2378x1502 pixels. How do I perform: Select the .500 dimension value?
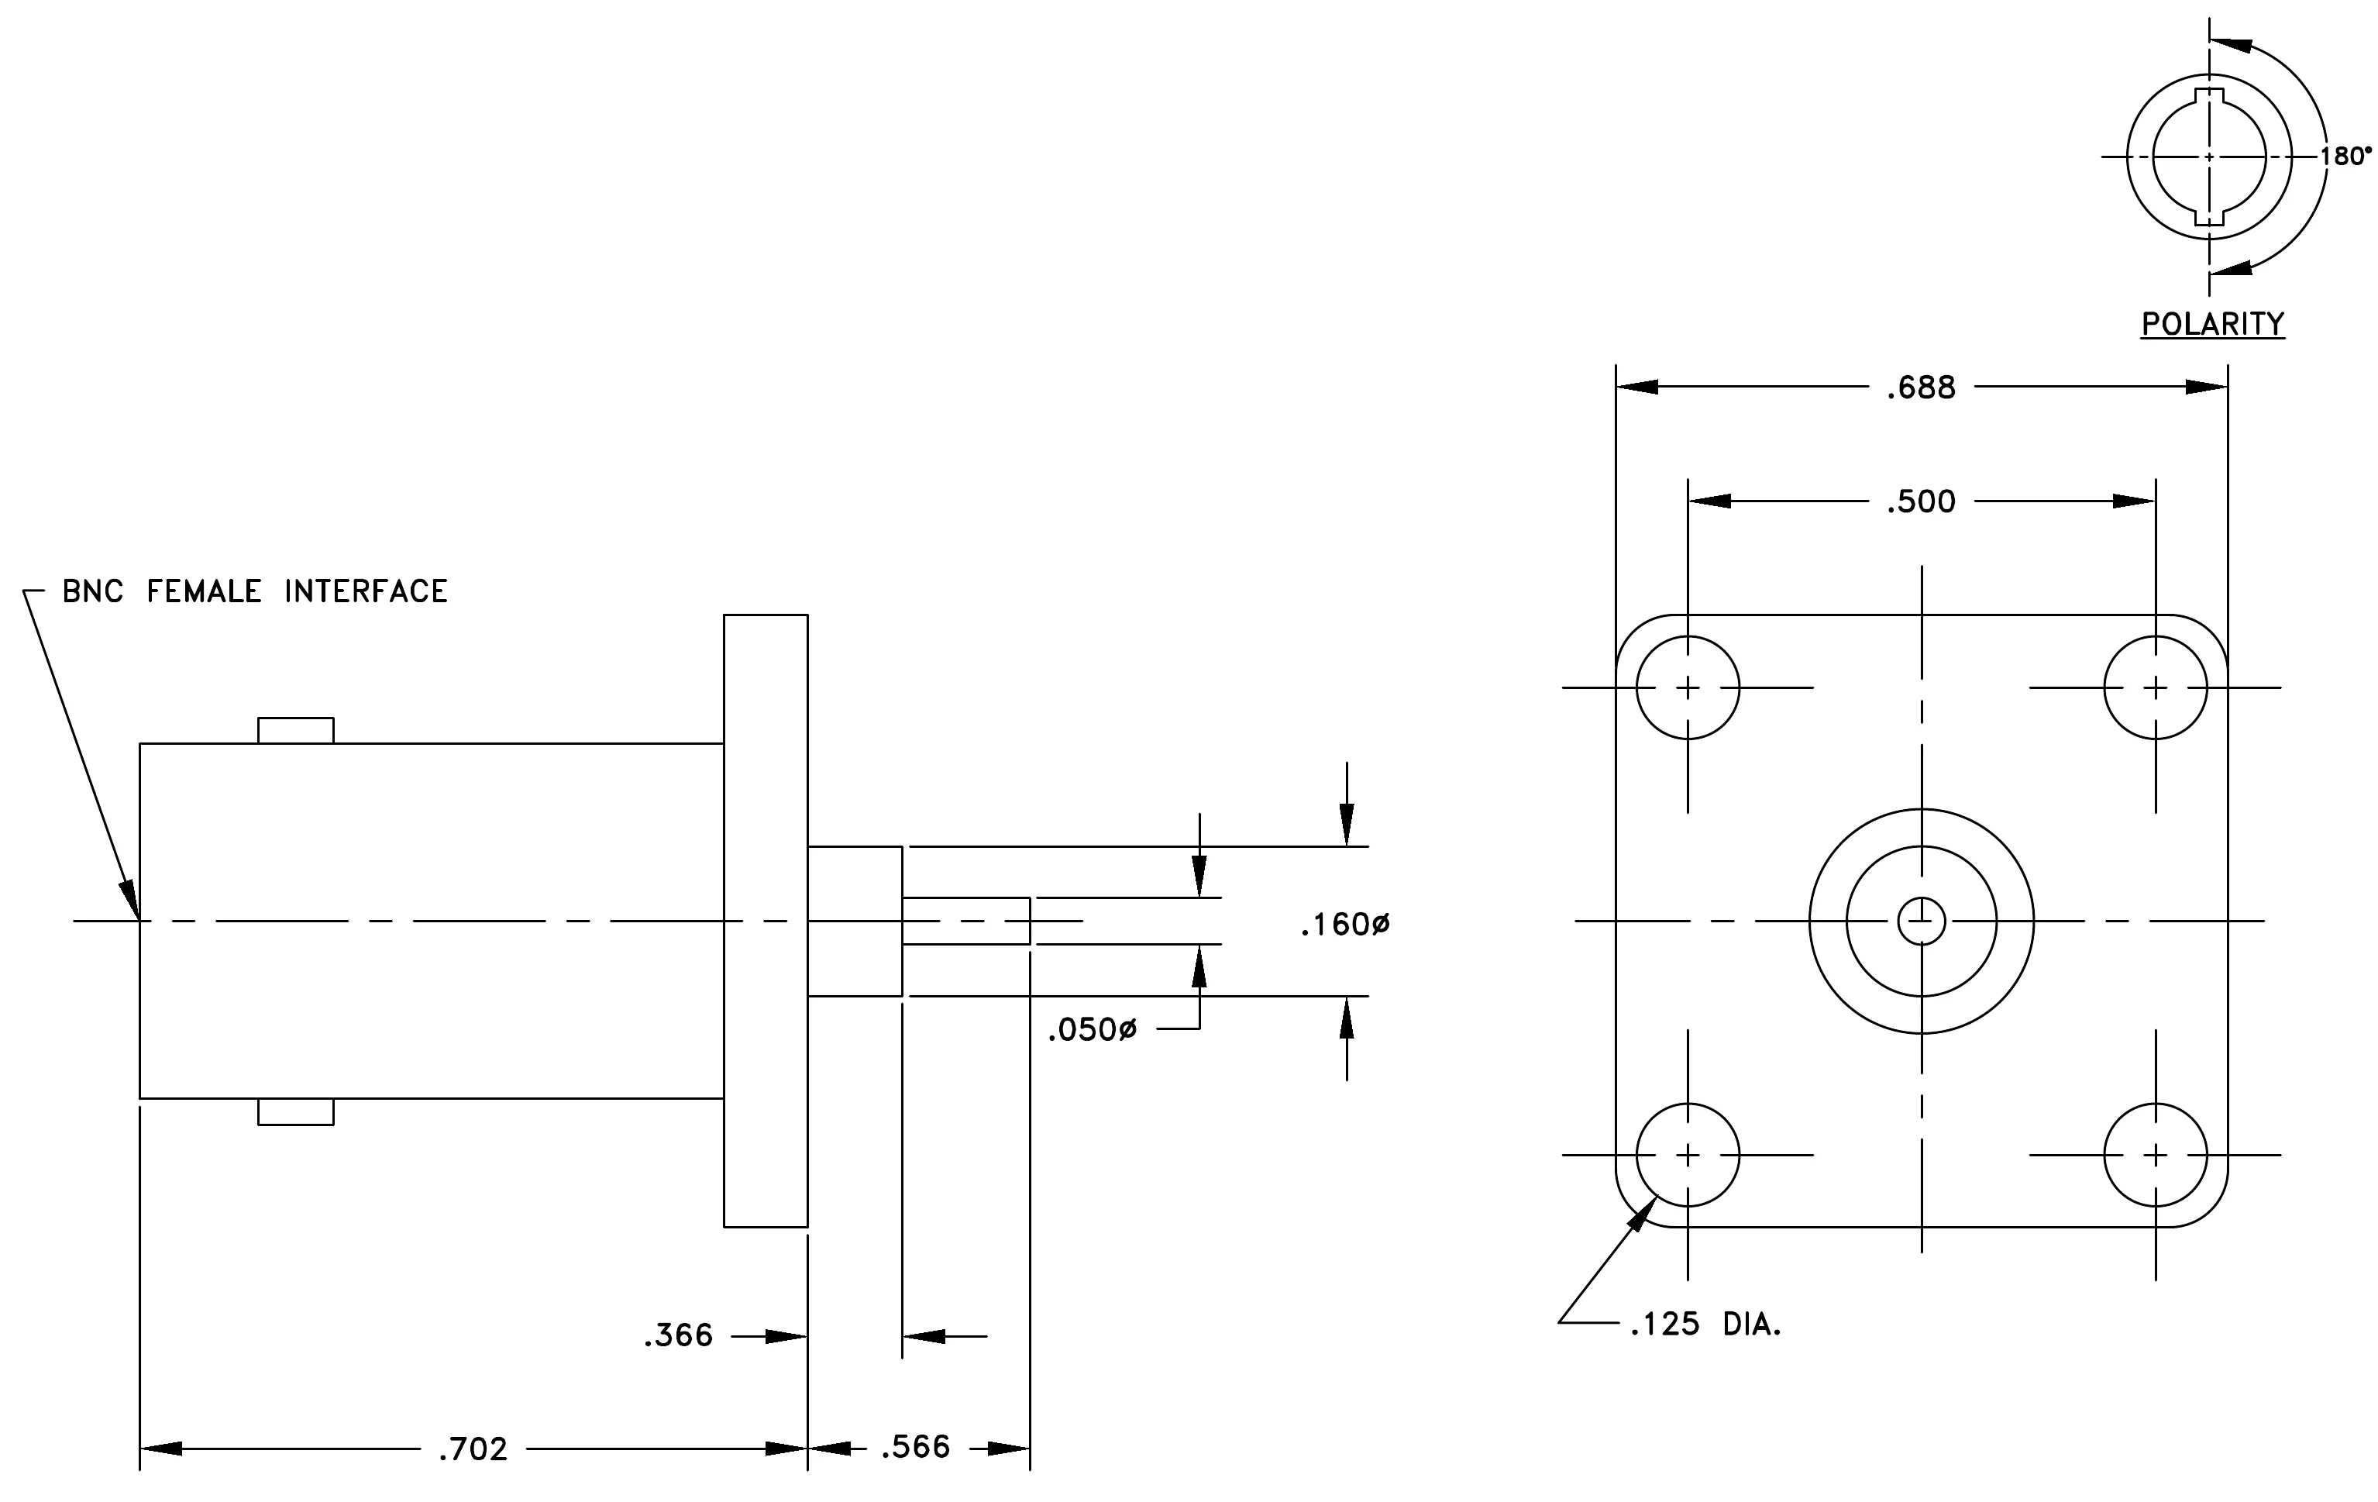click(1921, 501)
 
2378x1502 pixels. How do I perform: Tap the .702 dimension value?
click(473, 1449)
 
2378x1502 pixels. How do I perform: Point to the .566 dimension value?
click(915, 1448)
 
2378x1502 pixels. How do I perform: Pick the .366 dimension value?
click(679, 1336)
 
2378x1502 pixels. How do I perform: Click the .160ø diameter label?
click(1345, 925)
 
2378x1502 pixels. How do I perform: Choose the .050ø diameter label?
click(1093, 1031)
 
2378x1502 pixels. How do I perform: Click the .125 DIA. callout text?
click(1705, 1325)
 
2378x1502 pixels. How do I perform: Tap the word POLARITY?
click(2213, 324)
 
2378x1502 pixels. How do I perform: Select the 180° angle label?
click(2345, 156)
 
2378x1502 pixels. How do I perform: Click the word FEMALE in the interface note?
click(205, 591)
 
